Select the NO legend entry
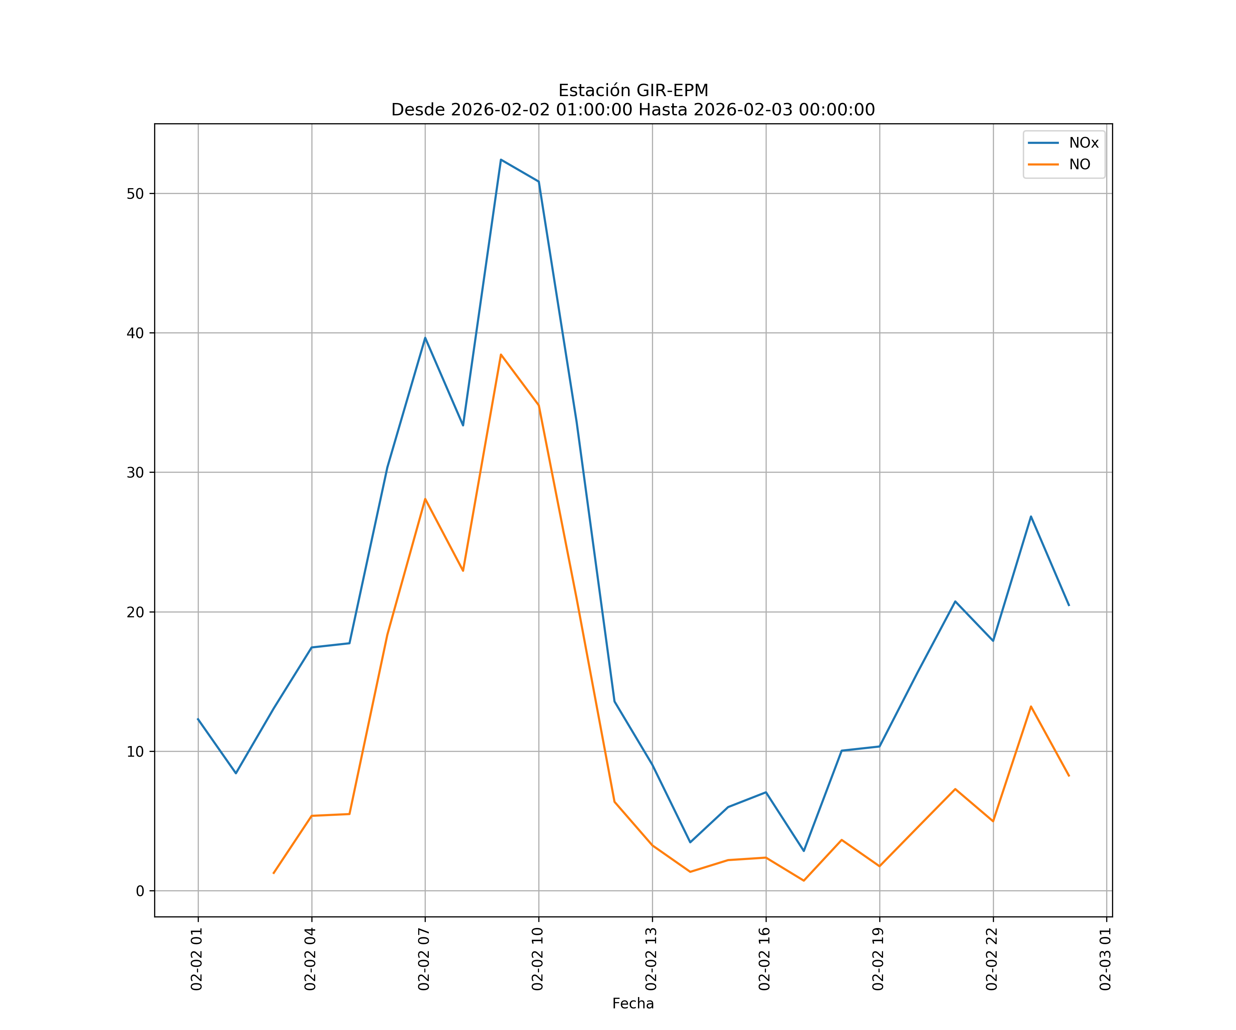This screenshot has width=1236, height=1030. pyautogui.click(x=1079, y=165)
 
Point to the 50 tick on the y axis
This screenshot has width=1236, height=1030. pyautogui.click(x=135, y=194)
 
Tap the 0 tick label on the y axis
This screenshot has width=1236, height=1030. pyautogui.click(x=140, y=891)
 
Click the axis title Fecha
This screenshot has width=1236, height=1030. pyautogui.click(x=633, y=1004)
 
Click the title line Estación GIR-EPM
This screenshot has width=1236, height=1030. pyautogui.click(x=633, y=91)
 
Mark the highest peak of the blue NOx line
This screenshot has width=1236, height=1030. pyautogui.click(x=501, y=160)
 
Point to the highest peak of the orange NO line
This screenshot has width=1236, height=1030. pyautogui.click(x=501, y=354)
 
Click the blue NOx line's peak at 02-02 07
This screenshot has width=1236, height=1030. pyautogui.click(x=425, y=337)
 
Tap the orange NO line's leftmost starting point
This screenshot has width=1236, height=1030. pyautogui.click(x=274, y=873)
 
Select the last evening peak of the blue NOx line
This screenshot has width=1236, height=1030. pyautogui.click(x=1031, y=516)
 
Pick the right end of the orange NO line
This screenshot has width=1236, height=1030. pyautogui.click(x=1069, y=776)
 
